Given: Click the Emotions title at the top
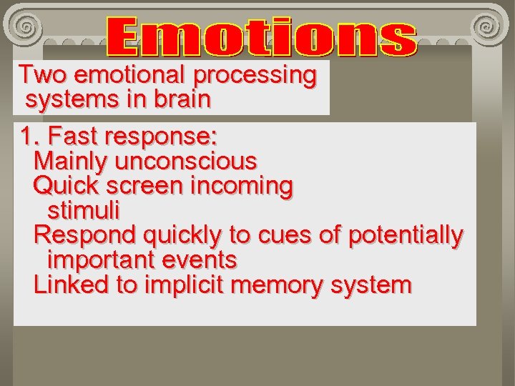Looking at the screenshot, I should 262,38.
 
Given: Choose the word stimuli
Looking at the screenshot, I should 83,211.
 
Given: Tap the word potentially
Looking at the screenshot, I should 406,236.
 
